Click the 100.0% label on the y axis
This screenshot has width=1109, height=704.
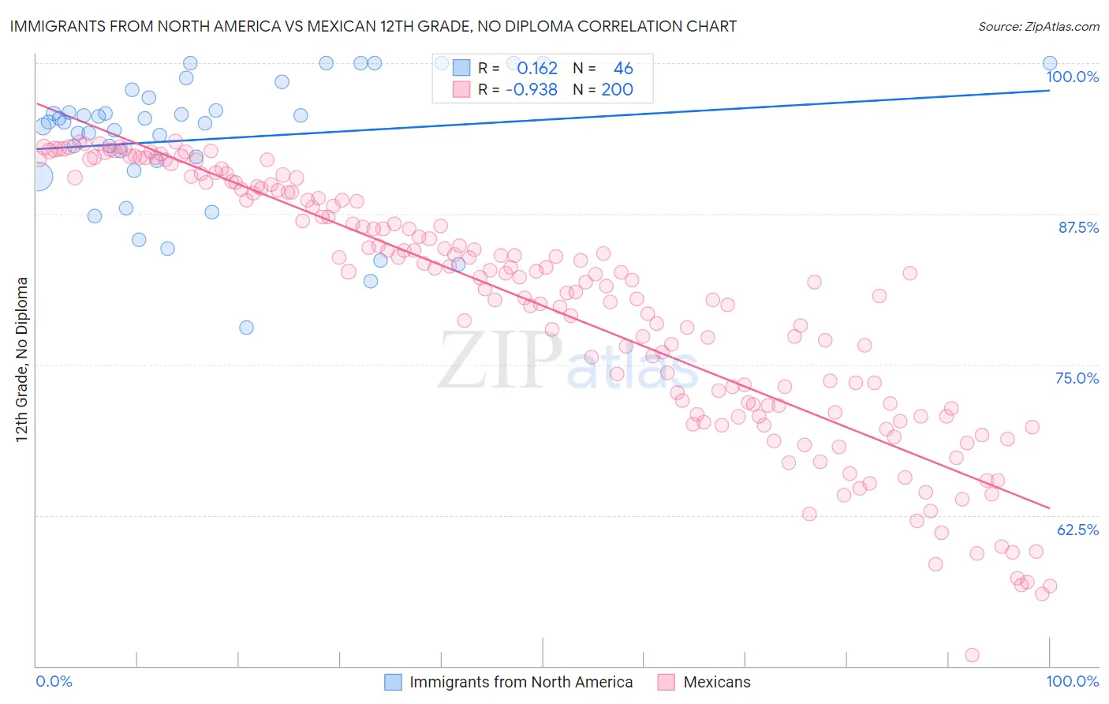click(1072, 77)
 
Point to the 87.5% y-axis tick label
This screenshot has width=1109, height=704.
click(1078, 227)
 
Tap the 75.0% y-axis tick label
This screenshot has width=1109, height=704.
click(1077, 378)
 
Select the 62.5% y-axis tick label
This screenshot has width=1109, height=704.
click(1077, 530)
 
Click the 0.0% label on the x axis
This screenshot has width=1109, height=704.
click(54, 681)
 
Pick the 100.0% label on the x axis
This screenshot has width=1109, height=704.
click(1072, 681)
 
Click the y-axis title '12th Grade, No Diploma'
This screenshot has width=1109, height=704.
click(22, 359)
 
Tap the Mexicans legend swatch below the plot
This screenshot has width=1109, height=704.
click(667, 682)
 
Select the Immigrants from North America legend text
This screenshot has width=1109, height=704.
click(521, 682)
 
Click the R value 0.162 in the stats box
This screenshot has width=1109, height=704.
click(537, 69)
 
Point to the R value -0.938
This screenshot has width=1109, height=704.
click(532, 90)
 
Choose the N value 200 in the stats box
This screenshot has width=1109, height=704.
click(617, 90)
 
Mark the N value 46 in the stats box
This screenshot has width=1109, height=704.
click(623, 69)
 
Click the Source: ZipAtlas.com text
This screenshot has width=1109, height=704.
click(1038, 27)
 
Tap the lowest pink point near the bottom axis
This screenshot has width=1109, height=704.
click(972, 655)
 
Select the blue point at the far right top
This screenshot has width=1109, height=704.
click(1050, 63)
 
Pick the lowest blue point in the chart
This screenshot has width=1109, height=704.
click(246, 328)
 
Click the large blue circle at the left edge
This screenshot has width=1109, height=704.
click(38, 177)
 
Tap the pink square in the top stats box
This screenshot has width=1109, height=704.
click(461, 90)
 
